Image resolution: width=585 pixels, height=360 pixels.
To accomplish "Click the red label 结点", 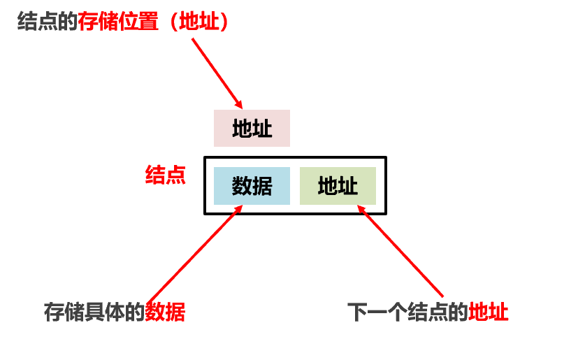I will [x=165, y=175].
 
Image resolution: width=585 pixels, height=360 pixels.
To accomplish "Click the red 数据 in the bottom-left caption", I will [x=165, y=312].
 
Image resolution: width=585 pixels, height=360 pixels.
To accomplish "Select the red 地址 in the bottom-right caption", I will [x=489, y=312].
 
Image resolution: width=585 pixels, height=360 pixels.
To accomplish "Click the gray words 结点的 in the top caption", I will [x=47, y=22].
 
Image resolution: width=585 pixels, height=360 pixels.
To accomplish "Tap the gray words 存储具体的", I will [x=94, y=312].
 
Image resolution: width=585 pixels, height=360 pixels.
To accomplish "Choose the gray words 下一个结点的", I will [x=407, y=312].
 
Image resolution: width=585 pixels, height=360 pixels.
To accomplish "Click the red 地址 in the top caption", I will [x=203, y=22].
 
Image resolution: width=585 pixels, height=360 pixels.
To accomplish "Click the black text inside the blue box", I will [x=252, y=186].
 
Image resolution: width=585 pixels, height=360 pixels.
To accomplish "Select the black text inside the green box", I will [x=338, y=186].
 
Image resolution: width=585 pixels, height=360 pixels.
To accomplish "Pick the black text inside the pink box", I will [x=252, y=129].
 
